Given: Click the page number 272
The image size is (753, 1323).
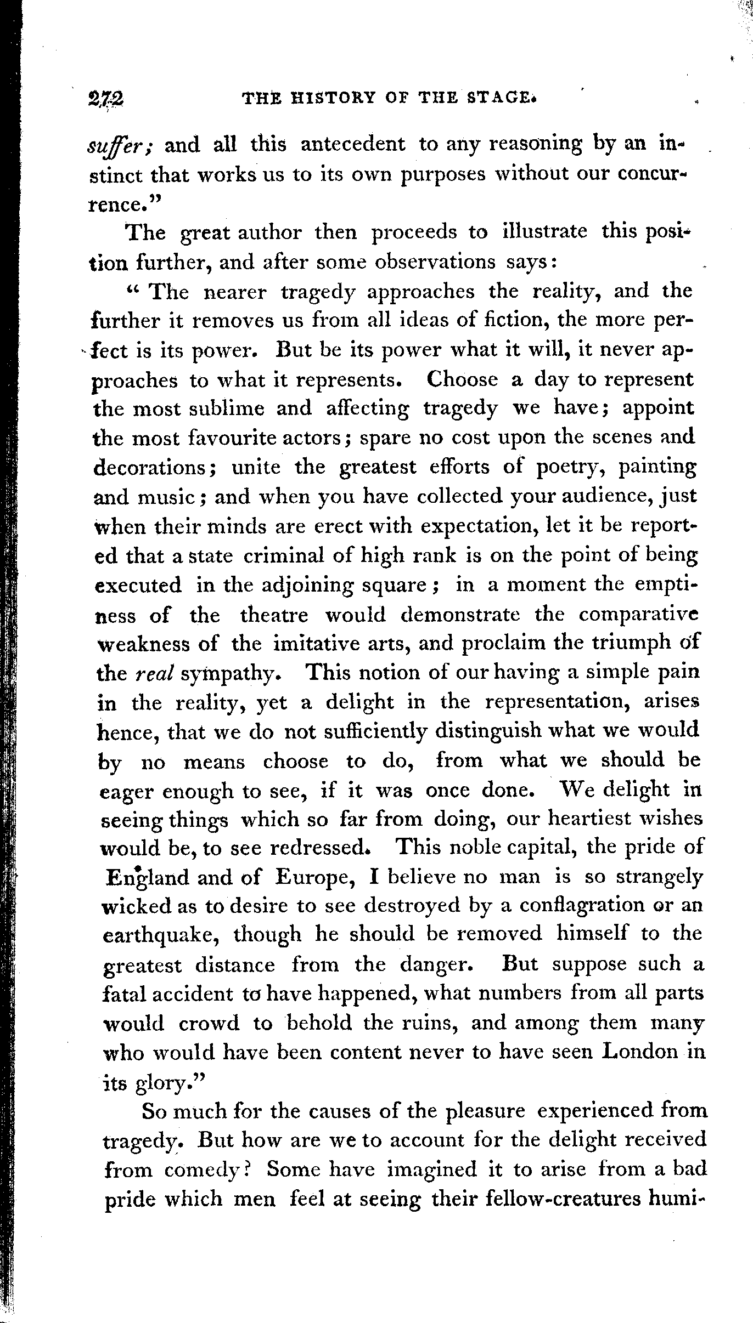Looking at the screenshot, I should pos(105,99).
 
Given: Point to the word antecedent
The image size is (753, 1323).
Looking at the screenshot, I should pos(353,145).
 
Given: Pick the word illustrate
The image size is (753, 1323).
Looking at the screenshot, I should pos(544,232).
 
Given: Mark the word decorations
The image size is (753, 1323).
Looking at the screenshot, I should pos(155,468).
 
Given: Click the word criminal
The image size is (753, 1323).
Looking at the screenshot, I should pos(285,557).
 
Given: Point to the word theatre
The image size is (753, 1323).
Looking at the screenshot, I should pos(274,615).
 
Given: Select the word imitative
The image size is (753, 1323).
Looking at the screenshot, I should pos(318,644).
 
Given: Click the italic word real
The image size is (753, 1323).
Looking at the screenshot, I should pos(155,674).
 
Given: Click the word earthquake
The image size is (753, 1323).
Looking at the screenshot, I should pos(163,935).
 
